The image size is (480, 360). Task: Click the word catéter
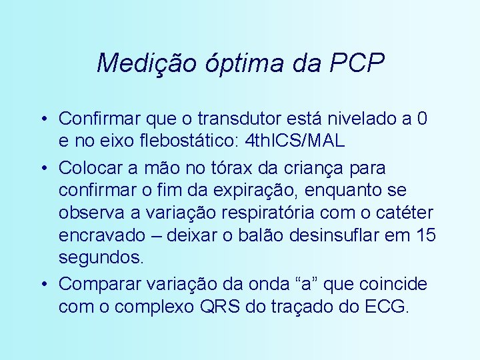click(407, 213)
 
